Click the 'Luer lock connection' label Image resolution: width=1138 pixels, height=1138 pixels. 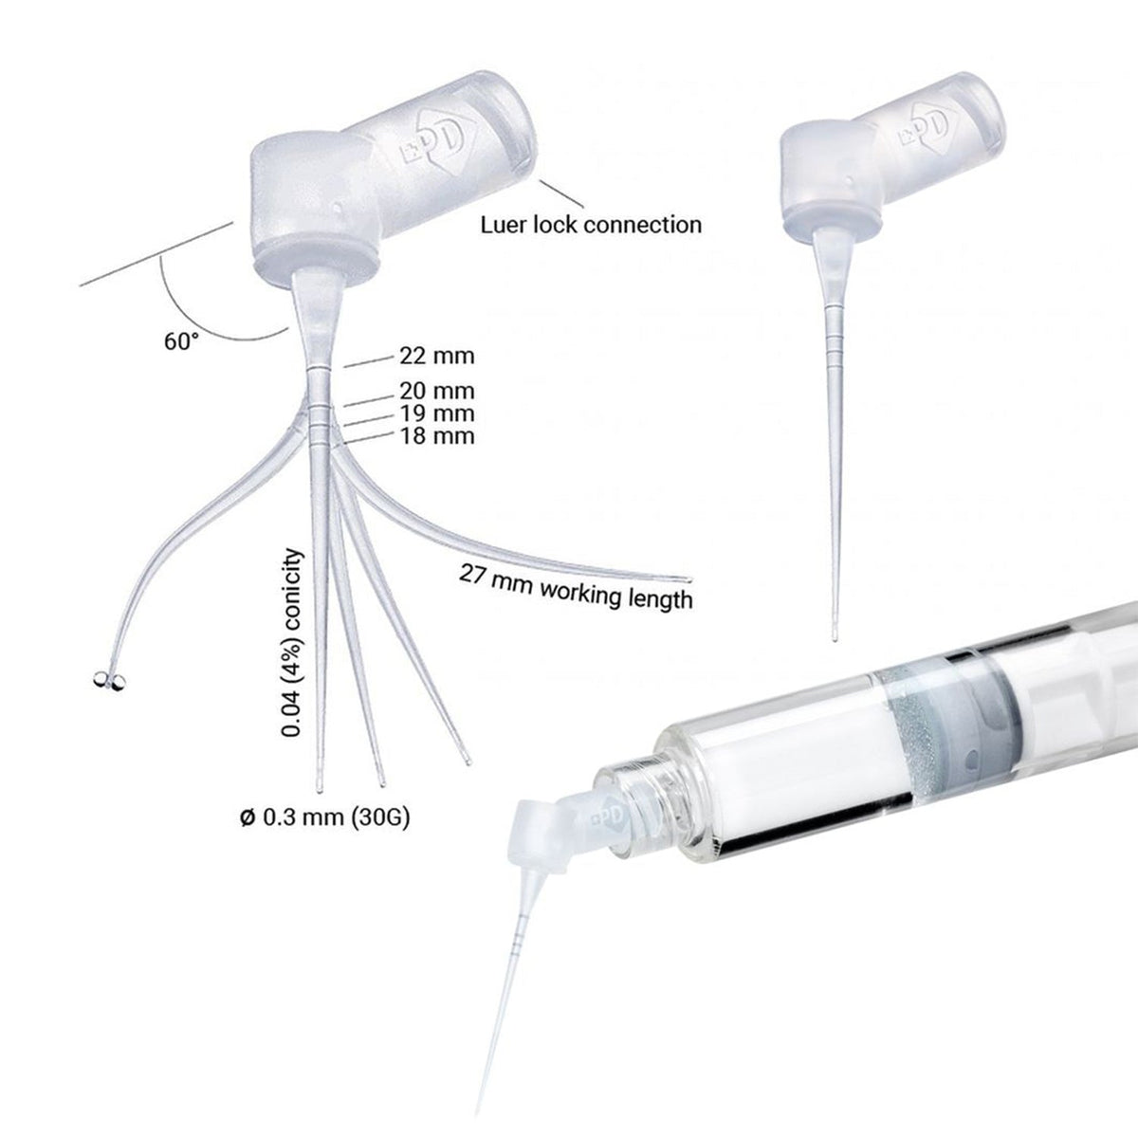(x=591, y=225)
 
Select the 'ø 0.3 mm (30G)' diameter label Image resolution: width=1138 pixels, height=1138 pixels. (x=325, y=817)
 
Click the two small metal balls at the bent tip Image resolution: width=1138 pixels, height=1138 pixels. (x=109, y=679)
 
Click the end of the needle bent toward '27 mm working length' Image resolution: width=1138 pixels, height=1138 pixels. (x=687, y=579)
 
